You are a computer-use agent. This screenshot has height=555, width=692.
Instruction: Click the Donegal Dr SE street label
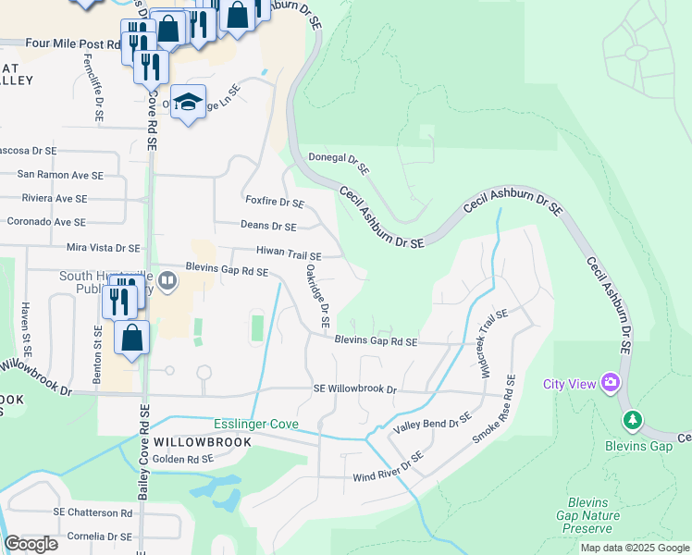pyautogui.click(x=339, y=165)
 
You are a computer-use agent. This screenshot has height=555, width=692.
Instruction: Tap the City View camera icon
pyautogui.click(x=610, y=382)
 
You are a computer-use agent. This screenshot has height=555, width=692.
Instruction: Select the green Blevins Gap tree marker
pyautogui.click(x=633, y=421)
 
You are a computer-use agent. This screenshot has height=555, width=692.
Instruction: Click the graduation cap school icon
pyautogui.click(x=188, y=103)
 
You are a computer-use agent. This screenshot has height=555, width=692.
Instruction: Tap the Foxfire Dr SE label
pyautogui.click(x=275, y=202)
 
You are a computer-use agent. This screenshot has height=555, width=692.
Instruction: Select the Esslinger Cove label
pyautogui.click(x=256, y=424)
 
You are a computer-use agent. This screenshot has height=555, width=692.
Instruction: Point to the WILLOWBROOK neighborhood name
pyautogui.click(x=203, y=442)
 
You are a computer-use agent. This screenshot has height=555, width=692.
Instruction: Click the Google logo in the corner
pyautogui.click(x=31, y=544)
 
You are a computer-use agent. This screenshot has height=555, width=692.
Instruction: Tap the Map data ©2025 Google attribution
pyautogui.click(x=635, y=548)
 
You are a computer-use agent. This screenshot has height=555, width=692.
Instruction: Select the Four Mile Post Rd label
pyautogui.click(x=73, y=43)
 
